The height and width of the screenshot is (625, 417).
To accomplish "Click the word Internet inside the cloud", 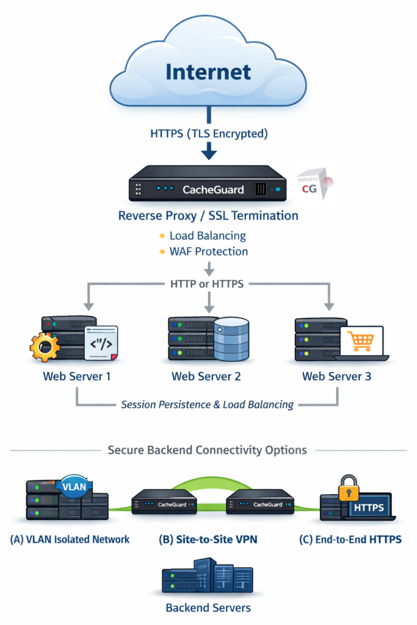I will point(208,71).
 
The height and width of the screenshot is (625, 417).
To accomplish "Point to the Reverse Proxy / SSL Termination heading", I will point(208,215).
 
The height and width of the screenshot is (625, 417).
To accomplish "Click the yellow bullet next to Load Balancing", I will point(162,236).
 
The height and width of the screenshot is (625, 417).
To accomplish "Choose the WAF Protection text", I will point(208,251).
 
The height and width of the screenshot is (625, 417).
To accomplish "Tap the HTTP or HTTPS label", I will point(208,284).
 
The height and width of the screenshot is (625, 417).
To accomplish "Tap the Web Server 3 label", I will point(336,376).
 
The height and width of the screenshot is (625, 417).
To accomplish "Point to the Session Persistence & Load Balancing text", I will point(207,404).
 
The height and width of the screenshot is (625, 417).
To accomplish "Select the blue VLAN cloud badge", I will point(74,486).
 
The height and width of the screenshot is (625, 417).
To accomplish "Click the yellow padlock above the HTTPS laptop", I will point(349,488).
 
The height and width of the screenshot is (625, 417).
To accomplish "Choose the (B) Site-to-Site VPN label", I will point(208,539).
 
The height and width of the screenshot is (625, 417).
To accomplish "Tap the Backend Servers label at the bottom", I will point(208,607).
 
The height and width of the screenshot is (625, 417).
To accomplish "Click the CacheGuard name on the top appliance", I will point(213,189).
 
